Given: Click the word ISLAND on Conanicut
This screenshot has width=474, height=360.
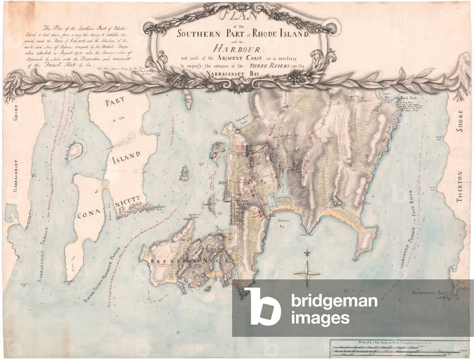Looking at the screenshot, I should [x=126, y=160].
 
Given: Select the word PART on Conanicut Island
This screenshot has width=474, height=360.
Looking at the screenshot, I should [x=108, y=103].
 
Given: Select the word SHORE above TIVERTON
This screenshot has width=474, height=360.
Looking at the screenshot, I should [x=460, y=121].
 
